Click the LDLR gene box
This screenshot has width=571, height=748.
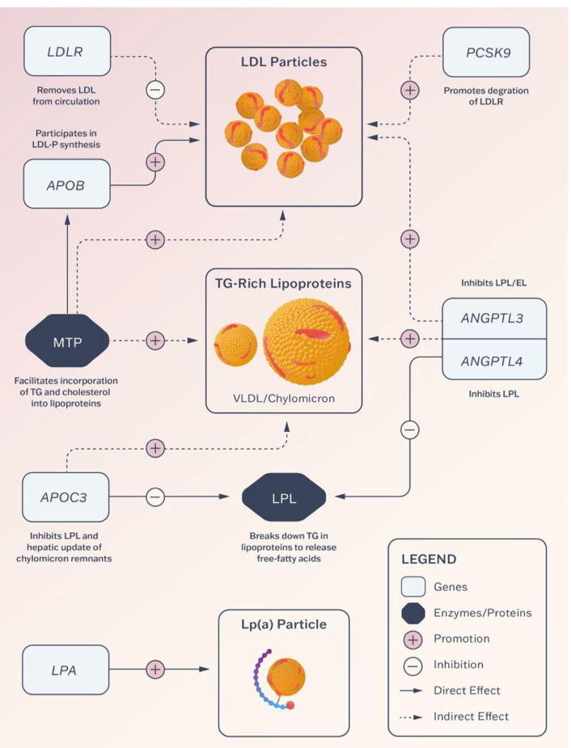tap(67, 51)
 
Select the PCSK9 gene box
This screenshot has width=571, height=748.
tap(486, 52)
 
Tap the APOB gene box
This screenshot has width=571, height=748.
tap(67, 184)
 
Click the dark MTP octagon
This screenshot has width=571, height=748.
tap(67, 342)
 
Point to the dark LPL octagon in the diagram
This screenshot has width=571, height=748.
tap(284, 498)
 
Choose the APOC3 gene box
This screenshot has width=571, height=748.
tap(66, 497)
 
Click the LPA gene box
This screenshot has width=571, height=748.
tap(66, 670)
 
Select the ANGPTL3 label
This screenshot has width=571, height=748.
tap(492, 318)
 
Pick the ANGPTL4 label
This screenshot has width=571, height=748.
tap(492, 361)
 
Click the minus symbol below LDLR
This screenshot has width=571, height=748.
tap(155, 90)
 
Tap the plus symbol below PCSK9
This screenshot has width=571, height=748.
tap(410, 90)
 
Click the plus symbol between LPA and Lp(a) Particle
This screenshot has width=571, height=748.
tap(155, 670)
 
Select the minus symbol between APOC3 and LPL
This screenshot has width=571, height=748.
tap(155, 497)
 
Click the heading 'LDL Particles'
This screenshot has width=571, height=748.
tap(284, 62)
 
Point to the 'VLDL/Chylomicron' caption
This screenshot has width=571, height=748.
tap(284, 399)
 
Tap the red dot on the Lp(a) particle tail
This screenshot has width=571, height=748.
tap(290, 704)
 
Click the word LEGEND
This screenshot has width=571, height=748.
tap(429, 559)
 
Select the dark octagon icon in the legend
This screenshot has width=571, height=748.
tap(413, 613)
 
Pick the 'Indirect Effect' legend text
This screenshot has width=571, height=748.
tap(471, 716)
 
